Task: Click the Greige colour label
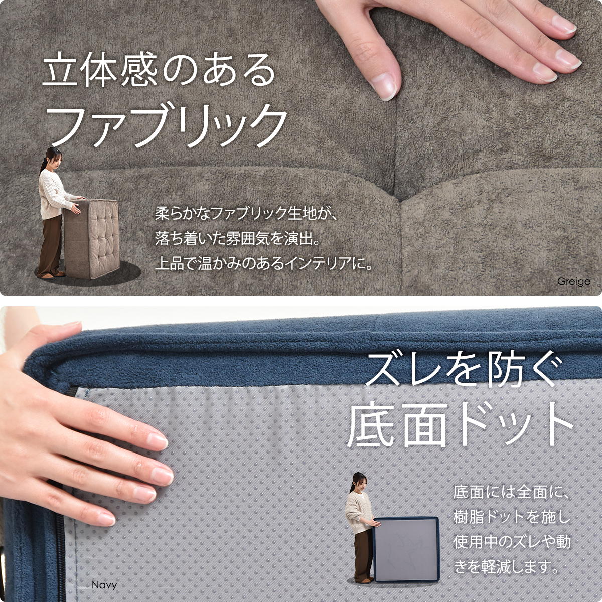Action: coord(573,282)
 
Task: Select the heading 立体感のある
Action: coord(159,69)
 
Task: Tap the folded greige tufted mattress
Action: coord(91,238)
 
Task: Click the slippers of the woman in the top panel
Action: coord(52,275)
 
